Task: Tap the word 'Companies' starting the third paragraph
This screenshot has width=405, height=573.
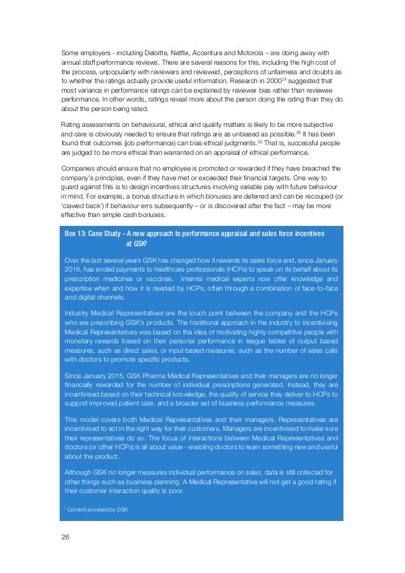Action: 79,168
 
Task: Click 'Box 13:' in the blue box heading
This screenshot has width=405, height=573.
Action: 77,234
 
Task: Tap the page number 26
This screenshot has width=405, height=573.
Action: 65,537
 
